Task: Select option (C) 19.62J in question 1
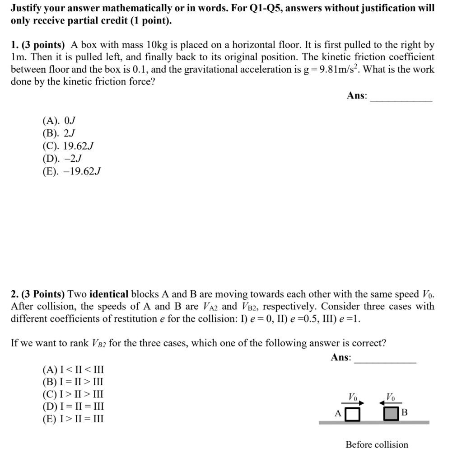[68, 146]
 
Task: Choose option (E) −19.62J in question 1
[71, 171]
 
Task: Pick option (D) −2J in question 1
[62, 159]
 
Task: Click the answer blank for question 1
[401, 97]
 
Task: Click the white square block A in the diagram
[353, 414]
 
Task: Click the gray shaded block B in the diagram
[391, 414]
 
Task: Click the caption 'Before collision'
[377, 444]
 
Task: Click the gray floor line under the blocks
[374, 423]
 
